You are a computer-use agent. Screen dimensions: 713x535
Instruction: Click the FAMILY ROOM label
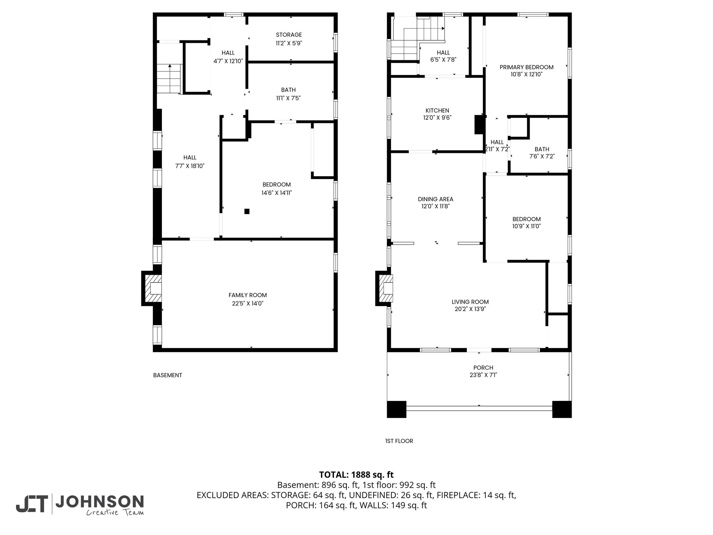tap(248, 295)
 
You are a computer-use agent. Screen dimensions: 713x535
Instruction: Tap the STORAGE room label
tap(289, 35)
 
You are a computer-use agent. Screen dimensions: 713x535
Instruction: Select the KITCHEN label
tap(437, 110)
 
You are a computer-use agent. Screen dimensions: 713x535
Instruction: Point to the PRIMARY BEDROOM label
tap(526, 67)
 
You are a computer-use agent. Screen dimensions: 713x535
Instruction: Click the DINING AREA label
tap(436, 199)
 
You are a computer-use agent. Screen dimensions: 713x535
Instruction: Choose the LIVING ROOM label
tap(470, 302)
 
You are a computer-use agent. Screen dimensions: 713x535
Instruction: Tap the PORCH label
tap(483, 367)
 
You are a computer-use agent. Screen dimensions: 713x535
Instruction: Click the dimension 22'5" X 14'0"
tap(248, 303)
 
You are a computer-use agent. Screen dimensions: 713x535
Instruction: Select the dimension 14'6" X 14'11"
tap(277, 193)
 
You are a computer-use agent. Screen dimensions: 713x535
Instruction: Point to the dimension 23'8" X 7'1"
tap(483, 375)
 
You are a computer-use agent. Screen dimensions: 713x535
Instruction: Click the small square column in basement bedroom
tap(247, 211)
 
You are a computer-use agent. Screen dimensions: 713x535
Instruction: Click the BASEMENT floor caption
tap(167, 375)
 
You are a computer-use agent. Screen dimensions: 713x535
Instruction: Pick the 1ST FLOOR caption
tap(399, 441)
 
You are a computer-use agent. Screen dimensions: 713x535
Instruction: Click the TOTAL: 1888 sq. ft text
tap(356, 475)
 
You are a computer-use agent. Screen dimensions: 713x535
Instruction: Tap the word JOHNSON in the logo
tap(100, 502)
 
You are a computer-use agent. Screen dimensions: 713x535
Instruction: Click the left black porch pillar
tap(397, 409)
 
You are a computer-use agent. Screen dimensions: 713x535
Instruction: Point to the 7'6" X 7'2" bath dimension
tap(542, 156)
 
